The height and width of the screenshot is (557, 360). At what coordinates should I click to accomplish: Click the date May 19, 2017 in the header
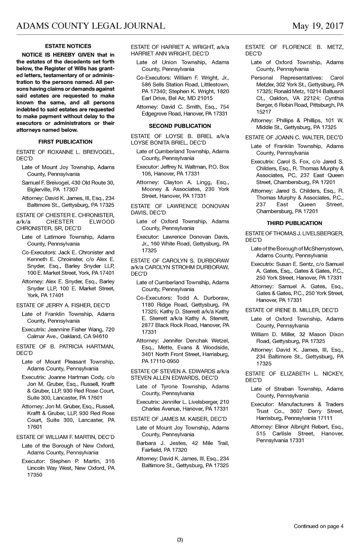click(x=317, y=26)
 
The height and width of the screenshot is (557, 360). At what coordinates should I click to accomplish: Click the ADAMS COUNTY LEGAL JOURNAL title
click(x=91, y=26)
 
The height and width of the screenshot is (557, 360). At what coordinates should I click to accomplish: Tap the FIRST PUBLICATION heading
click(x=65, y=142)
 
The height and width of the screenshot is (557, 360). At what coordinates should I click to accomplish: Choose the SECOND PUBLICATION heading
click(x=180, y=126)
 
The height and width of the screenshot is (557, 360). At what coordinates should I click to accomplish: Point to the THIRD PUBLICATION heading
click(x=294, y=223)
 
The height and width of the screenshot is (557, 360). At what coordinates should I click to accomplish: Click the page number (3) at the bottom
click(x=180, y=540)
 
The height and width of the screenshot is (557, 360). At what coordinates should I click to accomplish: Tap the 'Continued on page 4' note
click(x=319, y=526)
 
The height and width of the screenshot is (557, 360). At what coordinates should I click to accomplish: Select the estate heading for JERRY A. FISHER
click(x=63, y=305)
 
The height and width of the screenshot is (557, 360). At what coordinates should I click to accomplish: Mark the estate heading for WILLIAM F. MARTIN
click(x=65, y=437)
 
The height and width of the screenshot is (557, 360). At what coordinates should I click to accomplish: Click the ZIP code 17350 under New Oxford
click(x=34, y=475)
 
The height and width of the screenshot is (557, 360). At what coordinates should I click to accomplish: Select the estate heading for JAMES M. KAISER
click(x=179, y=419)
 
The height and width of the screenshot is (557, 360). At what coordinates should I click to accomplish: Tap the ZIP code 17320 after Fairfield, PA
click(x=180, y=450)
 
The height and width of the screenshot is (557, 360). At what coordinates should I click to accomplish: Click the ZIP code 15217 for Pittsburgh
click(x=264, y=112)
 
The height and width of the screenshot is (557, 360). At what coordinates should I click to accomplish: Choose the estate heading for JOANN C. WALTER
click(x=294, y=138)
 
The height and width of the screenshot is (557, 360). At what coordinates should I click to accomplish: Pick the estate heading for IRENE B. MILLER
click(x=292, y=310)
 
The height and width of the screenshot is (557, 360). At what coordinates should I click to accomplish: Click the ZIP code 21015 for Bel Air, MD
click(x=205, y=98)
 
